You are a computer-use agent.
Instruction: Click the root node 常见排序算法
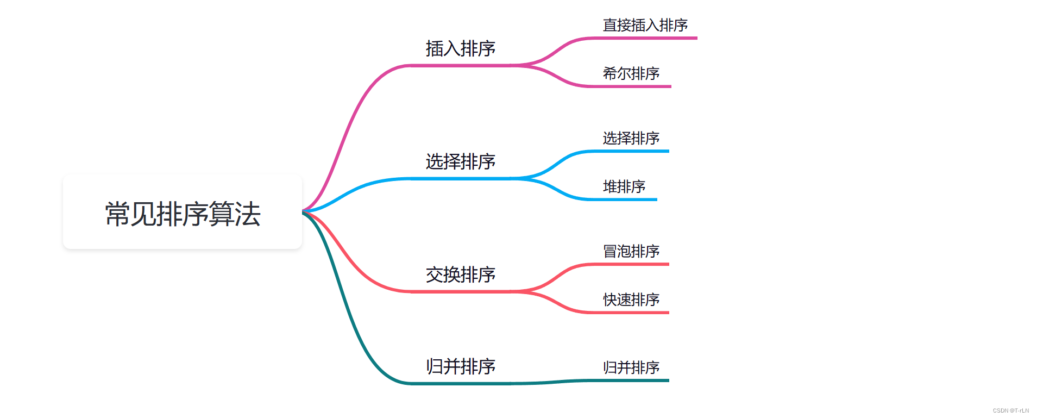coord(183,213)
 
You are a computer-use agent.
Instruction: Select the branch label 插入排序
coord(460,48)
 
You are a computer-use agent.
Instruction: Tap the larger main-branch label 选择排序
coord(460,161)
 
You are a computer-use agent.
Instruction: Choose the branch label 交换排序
coord(460,274)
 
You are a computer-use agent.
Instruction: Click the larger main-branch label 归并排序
coord(460,366)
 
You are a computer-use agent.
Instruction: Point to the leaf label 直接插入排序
coord(645,25)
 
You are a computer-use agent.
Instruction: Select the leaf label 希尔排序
coord(631,73)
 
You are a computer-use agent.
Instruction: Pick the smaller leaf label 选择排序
coord(631,138)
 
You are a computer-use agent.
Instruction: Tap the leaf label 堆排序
coord(624,186)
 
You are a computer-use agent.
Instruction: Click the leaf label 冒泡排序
coord(631,251)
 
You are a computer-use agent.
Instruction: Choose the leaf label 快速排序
coord(631,300)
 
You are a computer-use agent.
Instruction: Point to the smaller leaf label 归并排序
coord(631,367)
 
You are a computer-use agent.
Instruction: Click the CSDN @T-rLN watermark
coord(1010,410)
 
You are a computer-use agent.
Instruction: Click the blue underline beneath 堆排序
coord(625,199)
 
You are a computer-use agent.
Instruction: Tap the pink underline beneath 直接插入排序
coord(646,38)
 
